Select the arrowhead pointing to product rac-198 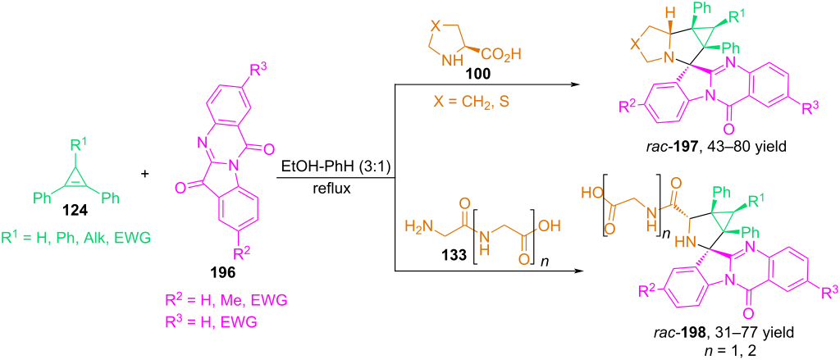pos(577,271)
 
